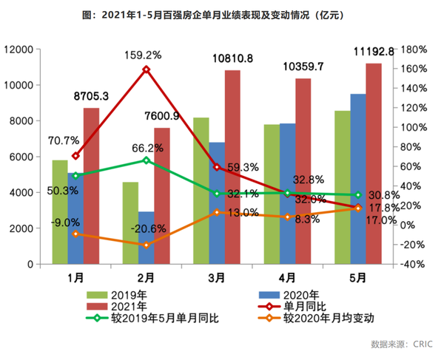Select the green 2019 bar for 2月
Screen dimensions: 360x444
tap(131, 223)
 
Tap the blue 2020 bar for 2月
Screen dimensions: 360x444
tap(147, 237)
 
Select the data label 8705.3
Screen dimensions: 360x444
tap(91, 96)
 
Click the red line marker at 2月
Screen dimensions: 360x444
tap(147, 69)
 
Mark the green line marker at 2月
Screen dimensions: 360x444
tap(147, 160)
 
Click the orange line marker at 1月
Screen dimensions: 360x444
tap(75, 234)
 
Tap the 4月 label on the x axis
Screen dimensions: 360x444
tap(287, 278)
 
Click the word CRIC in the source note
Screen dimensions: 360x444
tap(423, 344)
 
